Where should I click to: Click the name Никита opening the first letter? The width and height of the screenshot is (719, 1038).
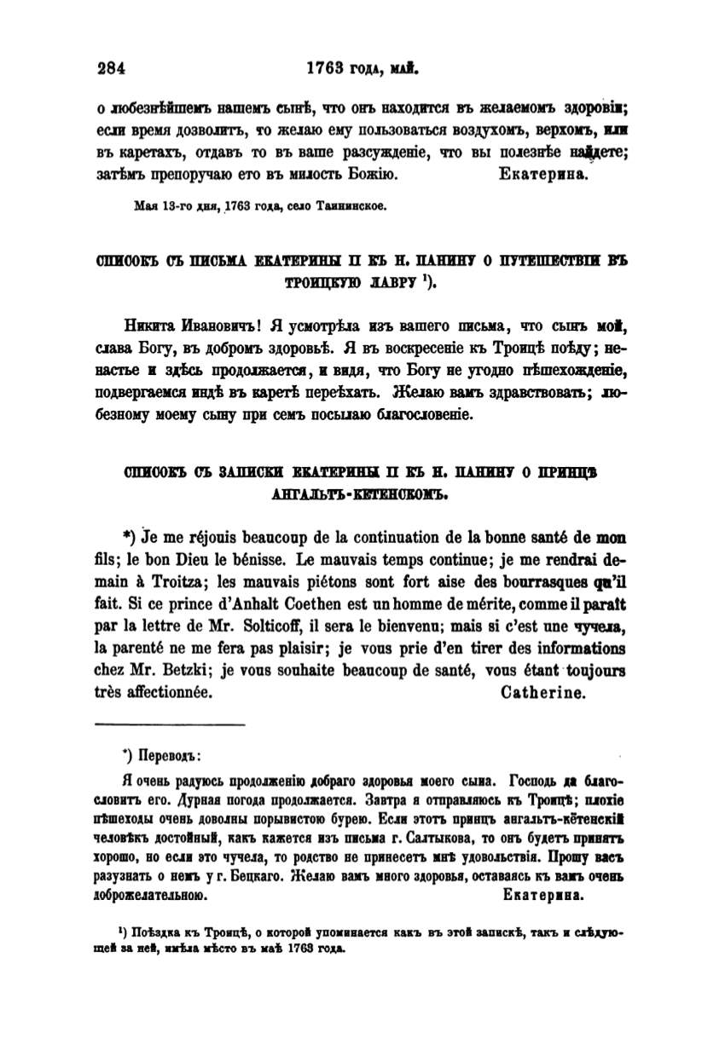pyautogui.click(x=152, y=326)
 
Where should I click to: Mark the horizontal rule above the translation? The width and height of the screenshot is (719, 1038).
pyautogui.click(x=169, y=724)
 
